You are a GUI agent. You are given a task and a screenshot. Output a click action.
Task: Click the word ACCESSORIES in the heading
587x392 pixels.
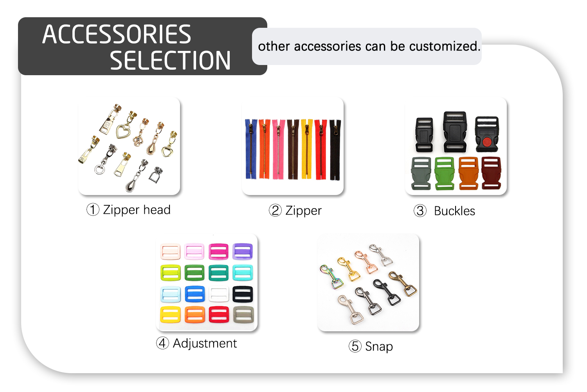(117, 34)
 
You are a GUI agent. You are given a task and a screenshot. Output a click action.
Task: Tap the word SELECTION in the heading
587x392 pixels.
(170, 61)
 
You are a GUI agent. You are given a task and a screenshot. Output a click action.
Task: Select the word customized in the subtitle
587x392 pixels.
(444, 46)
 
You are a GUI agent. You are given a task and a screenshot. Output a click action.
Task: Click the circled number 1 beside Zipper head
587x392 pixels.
(93, 210)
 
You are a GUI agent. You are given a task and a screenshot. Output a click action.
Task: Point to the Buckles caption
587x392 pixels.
(454, 211)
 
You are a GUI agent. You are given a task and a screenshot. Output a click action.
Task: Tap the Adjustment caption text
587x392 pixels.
(205, 343)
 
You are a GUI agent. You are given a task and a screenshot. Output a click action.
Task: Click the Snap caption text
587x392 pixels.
(379, 347)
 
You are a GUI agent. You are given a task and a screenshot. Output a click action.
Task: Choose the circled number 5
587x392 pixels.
(355, 346)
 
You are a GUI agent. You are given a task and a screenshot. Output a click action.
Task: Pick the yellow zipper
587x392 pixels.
(307, 149)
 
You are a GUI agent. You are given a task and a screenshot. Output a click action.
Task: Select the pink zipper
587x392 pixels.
(279, 149)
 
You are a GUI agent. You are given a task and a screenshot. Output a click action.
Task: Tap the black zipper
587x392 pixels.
(335, 149)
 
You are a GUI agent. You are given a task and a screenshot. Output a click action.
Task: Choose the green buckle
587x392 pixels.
(444, 173)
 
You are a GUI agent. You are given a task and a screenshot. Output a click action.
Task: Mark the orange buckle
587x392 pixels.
(468, 173)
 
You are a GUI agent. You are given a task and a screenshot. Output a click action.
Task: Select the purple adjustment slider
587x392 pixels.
(243, 251)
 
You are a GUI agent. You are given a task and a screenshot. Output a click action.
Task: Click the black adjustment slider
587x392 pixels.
(243, 294)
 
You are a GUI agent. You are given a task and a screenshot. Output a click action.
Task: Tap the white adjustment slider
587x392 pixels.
(219, 294)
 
